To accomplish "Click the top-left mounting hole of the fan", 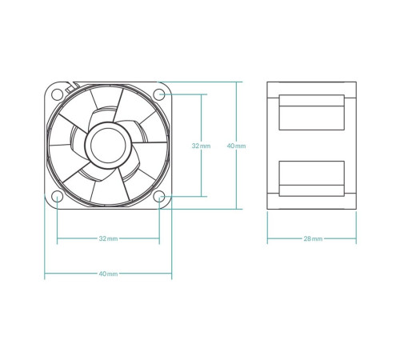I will click(x=58, y=94).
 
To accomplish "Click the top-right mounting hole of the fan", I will click(x=159, y=94).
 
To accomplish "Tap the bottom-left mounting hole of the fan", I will click(x=58, y=196).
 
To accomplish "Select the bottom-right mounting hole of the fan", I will click(x=159, y=196).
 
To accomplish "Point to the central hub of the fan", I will click(x=108, y=145).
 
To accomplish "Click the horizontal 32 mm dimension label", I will click(x=108, y=238).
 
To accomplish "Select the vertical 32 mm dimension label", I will click(x=201, y=146).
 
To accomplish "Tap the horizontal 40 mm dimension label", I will click(x=108, y=274).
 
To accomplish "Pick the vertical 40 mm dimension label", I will click(x=237, y=146).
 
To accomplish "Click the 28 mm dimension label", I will click(x=313, y=238).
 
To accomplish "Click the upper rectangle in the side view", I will click(x=311, y=113).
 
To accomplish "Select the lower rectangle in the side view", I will click(x=311, y=178).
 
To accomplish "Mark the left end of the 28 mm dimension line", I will click(x=267, y=238).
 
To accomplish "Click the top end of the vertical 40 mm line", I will click(x=237, y=81).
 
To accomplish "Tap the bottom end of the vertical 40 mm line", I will click(x=237, y=209).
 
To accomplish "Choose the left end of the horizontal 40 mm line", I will click(x=45, y=274).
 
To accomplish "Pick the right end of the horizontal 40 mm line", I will click(x=172, y=274).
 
